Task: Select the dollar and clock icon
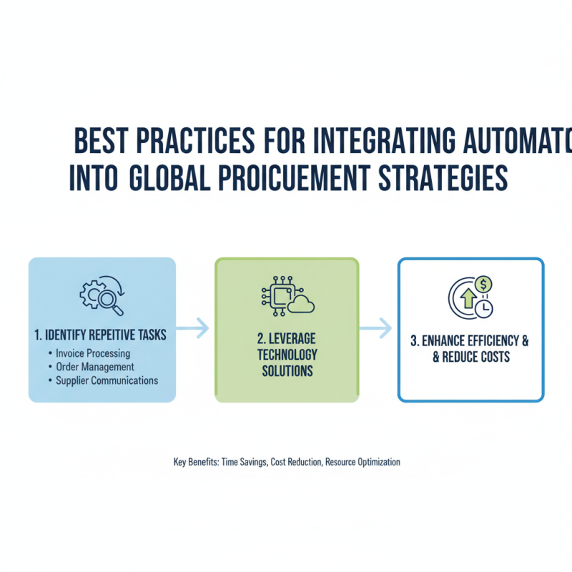pos(471,295)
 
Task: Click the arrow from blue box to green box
pos(193,328)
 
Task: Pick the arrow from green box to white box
pos(376,328)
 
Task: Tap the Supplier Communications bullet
pos(107,380)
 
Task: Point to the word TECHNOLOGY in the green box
pos(286,355)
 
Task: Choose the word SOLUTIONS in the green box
pos(286,371)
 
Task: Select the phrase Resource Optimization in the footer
pos(363,462)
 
